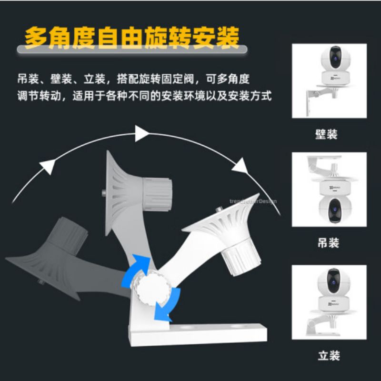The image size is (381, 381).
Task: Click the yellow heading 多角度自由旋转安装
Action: click(x=132, y=38)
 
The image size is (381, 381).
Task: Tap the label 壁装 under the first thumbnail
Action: click(x=326, y=134)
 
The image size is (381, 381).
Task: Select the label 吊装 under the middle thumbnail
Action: click(x=328, y=242)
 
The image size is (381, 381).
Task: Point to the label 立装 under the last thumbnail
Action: click(x=329, y=355)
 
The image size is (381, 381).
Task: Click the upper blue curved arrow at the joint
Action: click(x=137, y=269)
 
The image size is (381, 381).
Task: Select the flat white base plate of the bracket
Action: click(x=198, y=334)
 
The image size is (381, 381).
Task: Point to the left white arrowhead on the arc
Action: click(x=48, y=166)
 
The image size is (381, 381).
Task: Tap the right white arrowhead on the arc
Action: click(x=241, y=166)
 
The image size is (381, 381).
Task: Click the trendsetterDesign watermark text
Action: click(x=253, y=201)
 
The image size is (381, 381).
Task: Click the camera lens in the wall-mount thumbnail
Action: click(x=335, y=58)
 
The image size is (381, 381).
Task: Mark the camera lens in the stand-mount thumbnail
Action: click(x=334, y=281)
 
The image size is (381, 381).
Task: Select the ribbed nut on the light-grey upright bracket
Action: click(x=158, y=194)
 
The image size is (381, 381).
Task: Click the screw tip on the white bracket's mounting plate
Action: click(x=219, y=209)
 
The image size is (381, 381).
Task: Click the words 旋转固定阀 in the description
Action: click(x=156, y=79)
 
